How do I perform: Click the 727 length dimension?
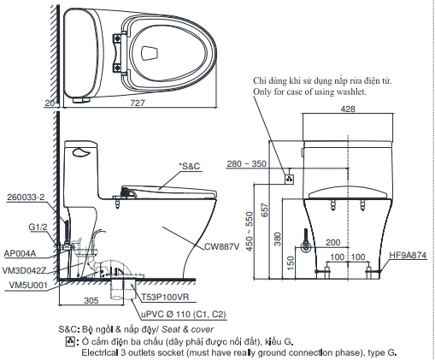pyautogui.click(x=138, y=103)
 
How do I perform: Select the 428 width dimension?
pyautogui.click(x=348, y=109)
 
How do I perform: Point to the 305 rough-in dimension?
pyautogui.click(x=92, y=300)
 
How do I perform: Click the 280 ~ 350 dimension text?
pyautogui.click(x=246, y=163)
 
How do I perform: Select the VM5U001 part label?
pyautogui.click(x=24, y=285)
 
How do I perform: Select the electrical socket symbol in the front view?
pyautogui.click(x=289, y=180)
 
